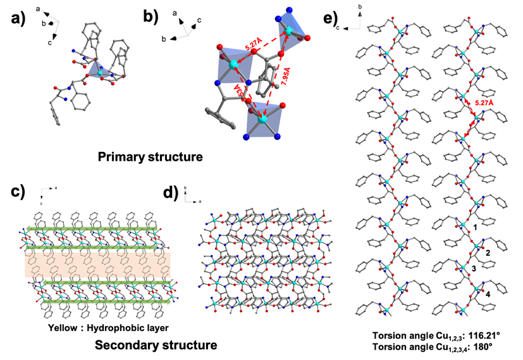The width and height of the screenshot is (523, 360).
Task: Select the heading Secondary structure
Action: pos(156,345)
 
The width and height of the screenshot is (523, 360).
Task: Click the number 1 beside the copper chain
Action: pos(474,227)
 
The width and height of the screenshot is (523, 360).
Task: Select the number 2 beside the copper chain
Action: pos(488,252)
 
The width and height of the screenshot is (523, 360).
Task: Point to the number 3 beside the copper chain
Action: pos(474,269)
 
